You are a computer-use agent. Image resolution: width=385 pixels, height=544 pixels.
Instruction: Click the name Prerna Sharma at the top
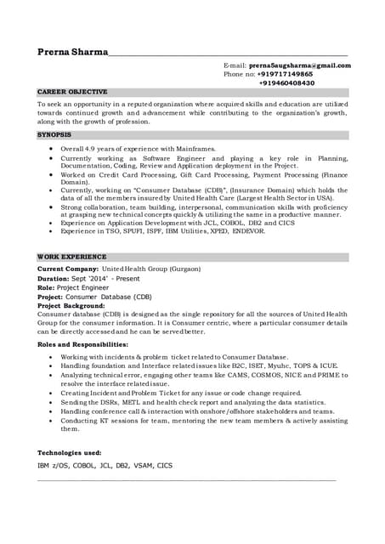coord(72,52)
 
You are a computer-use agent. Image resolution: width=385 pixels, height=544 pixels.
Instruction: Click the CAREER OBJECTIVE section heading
coord(72,92)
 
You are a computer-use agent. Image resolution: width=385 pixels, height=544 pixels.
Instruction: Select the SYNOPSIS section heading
coord(54,134)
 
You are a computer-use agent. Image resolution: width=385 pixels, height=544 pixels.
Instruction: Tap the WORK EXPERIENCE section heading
coord(72,257)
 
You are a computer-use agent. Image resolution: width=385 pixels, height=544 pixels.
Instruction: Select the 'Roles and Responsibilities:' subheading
coord(82,345)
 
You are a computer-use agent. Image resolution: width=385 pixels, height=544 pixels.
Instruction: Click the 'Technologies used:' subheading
coord(70,453)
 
